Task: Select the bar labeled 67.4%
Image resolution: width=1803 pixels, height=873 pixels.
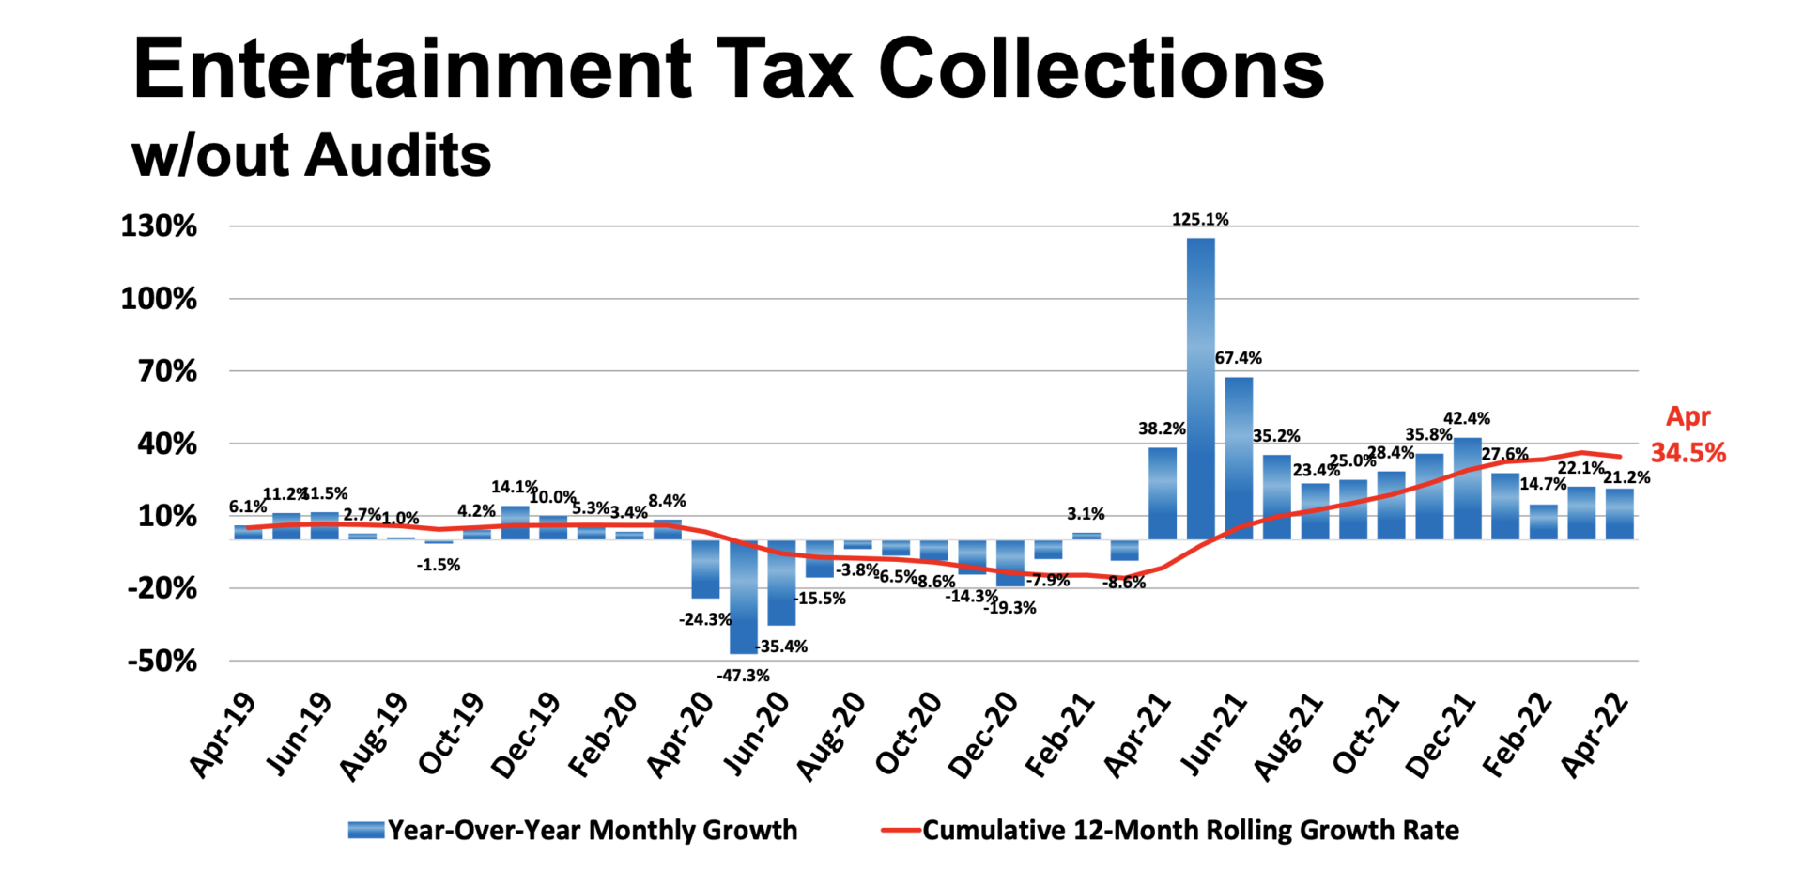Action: pos(1239,458)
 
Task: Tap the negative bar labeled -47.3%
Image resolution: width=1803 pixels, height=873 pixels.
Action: pos(743,597)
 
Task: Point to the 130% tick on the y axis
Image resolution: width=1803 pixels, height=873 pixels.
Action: pos(159,226)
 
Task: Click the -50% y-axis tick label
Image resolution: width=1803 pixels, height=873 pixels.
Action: pos(162,662)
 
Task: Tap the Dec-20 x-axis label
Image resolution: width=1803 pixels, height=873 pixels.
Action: pos(982,737)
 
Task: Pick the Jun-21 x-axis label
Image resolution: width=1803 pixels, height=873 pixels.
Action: pos(1213,737)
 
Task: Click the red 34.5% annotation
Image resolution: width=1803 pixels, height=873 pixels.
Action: pos(1688,453)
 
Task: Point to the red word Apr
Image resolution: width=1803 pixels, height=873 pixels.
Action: pos(1687,416)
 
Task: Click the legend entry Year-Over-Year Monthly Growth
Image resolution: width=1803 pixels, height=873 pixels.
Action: pos(592,831)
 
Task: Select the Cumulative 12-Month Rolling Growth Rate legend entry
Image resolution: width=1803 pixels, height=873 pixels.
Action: pos(1190,831)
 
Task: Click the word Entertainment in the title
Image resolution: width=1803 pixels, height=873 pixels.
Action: pos(412,69)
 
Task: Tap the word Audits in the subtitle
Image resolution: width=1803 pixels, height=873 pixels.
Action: pos(397,155)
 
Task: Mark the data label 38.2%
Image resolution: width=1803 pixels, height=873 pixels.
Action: pos(1162,429)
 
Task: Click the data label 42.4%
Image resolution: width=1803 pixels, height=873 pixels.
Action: pos(1466,418)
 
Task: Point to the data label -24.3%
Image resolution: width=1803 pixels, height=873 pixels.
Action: pos(705,619)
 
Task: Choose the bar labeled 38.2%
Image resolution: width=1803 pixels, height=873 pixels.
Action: pos(1162,493)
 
